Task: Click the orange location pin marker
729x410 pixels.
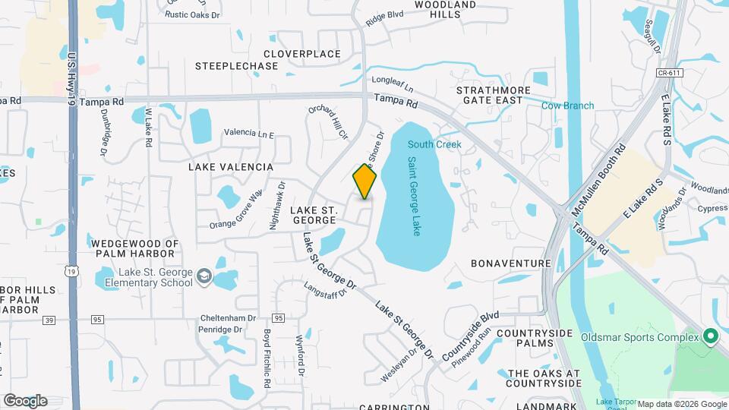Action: pyautogui.click(x=364, y=181)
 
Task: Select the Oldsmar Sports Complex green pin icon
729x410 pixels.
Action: pyautogui.click(x=711, y=336)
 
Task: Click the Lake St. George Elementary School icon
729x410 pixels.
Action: pyautogui.click(x=204, y=277)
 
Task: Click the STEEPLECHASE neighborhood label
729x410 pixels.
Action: pyautogui.click(x=236, y=66)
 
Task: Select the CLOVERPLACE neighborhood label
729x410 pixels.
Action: pyautogui.click(x=301, y=54)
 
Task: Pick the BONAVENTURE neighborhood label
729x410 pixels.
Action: pyautogui.click(x=510, y=263)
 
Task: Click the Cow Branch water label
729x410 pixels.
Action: pyautogui.click(x=567, y=106)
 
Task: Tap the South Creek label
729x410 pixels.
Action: pyautogui.click(x=434, y=144)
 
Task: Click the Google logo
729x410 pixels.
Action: pyautogui.click(x=25, y=401)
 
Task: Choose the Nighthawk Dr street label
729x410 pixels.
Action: pyautogui.click(x=275, y=205)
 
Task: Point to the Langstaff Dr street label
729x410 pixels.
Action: pyautogui.click(x=330, y=289)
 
